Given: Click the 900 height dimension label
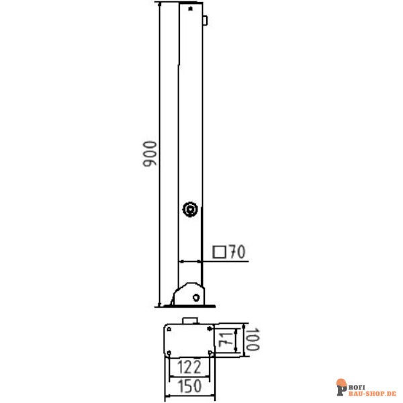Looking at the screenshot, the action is coord(150,154).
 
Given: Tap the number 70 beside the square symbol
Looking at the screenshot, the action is coord(237,251).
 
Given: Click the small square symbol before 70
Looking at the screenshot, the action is coord(219,252).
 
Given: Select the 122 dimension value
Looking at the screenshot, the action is coord(189,367).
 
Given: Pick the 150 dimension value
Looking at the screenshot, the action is coord(189,386).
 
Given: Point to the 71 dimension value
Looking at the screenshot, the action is coord(226,339).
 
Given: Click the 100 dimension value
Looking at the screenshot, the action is coord(252,339).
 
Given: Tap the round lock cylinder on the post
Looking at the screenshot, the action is coord(190,209).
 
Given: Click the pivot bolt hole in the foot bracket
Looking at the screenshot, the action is coord(196,298).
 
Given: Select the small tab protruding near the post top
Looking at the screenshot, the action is coord(205,21).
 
